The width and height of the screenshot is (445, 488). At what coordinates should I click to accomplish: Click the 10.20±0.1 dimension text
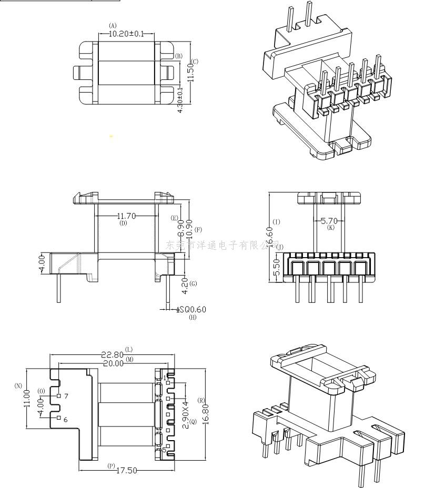point(126,34)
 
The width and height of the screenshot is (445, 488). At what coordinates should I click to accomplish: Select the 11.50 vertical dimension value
point(191,69)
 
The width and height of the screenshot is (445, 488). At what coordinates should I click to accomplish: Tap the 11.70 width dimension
point(127,216)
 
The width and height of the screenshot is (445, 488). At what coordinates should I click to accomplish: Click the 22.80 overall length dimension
point(113,355)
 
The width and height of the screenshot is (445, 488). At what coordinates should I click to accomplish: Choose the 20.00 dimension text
point(113,363)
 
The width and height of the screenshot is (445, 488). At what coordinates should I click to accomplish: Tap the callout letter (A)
point(113,25)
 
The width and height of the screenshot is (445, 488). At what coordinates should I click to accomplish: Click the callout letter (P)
point(111,465)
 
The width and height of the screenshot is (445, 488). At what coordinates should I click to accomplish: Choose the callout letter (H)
point(193,317)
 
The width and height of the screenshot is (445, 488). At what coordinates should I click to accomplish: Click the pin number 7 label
point(66,396)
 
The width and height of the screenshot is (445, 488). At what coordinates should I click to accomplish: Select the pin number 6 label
point(66,419)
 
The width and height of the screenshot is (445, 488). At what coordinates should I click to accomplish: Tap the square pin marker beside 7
point(58,395)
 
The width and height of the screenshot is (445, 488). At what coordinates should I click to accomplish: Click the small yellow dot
point(111,137)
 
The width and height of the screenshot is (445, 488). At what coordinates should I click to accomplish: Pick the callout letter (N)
point(18,386)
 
